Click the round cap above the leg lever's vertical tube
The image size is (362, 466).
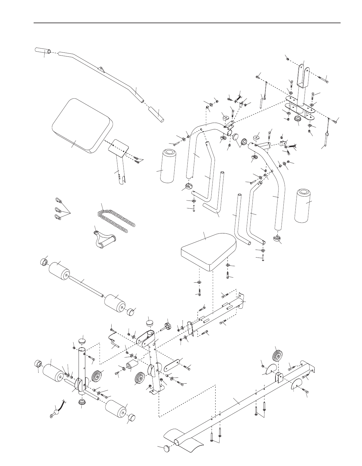pos(82,341)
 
